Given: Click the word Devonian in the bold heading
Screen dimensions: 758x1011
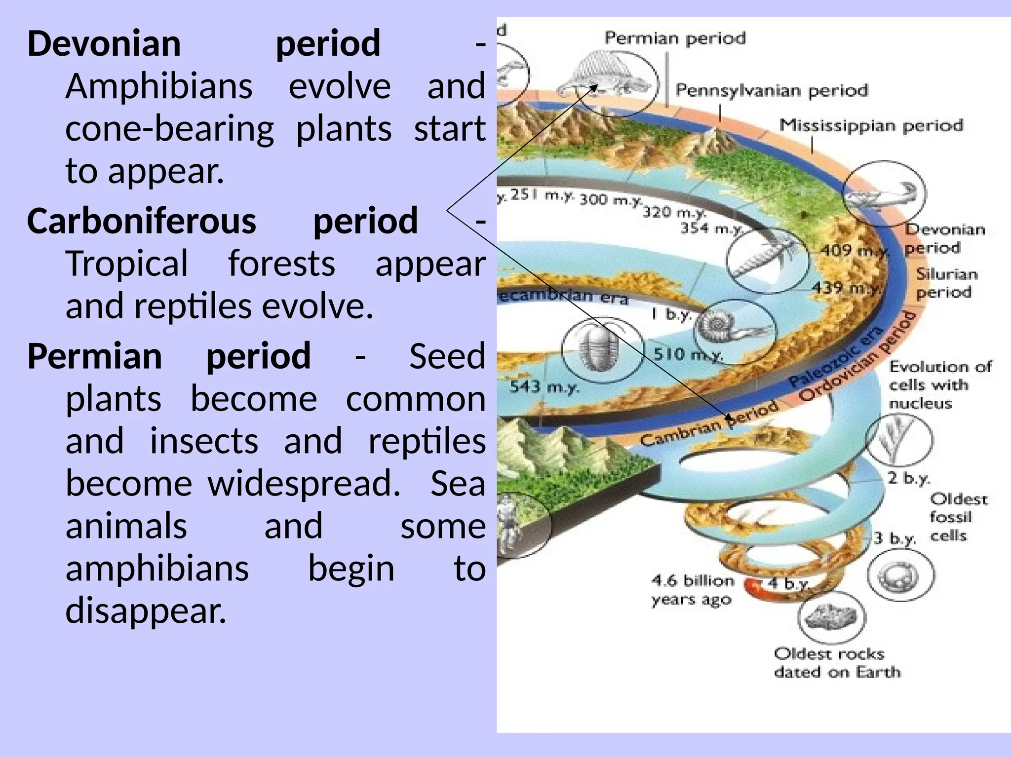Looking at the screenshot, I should tap(104, 43).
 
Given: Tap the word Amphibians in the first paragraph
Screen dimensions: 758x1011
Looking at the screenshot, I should tap(159, 86).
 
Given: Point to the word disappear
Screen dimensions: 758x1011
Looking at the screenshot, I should tap(146, 611).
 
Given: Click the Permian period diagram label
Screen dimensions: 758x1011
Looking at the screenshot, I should tap(675, 38).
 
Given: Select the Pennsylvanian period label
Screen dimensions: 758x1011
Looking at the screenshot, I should tap(771, 90).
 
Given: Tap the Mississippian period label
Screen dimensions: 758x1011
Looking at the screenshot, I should tap(871, 125).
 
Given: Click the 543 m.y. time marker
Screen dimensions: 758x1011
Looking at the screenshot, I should tap(544, 386).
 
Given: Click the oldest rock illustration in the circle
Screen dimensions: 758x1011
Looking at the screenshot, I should tap(831, 617).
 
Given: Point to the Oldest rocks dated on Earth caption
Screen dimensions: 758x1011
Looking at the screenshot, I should tap(837, 663).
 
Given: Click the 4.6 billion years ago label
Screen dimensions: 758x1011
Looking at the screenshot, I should tap(692, 590).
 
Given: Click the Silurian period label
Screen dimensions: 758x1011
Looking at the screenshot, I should tap(946, 283).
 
